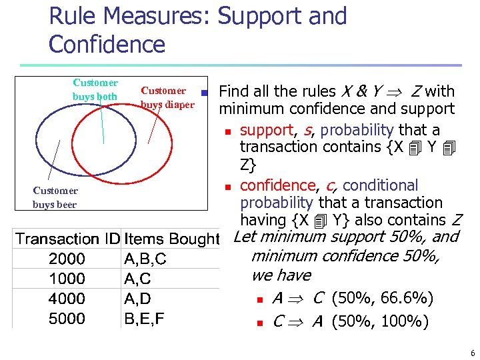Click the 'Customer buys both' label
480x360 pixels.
click(x=95, y=90)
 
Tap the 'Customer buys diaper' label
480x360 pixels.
click(x=167, y=97)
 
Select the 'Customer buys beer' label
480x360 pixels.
click(x=55, y=197)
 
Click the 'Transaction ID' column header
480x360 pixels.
click(x=67, y=239)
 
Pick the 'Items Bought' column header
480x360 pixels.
click(x=171, y=239)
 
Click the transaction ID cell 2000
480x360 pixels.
click(x=67, y=259)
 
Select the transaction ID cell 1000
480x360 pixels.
click(x=67, y=279)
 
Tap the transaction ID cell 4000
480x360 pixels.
click(x=67, y=299)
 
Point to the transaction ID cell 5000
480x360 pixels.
click(x=67, y=319)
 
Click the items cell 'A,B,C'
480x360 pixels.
click(x=145, y=259)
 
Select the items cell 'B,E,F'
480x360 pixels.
click(x=144, y=319)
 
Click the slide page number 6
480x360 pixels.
click(x=472, y=353)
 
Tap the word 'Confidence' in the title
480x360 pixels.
click(x=107, y=44)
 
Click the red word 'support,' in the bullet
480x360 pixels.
click(x=267, y=129)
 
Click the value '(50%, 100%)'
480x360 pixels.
click(x=379, y=322)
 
